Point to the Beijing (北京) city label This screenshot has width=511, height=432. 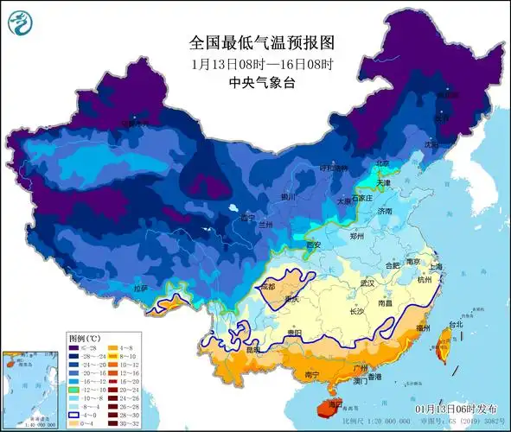coord(382,162)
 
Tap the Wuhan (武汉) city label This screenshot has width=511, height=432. coord(367,283)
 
